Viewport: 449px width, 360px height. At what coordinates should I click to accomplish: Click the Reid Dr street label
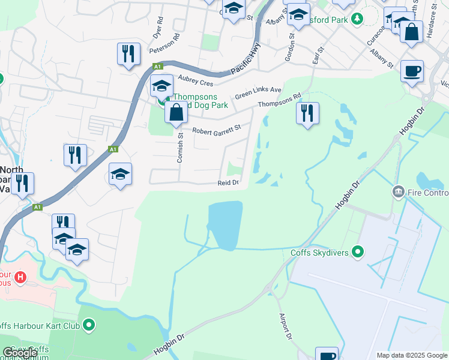pos(228,183)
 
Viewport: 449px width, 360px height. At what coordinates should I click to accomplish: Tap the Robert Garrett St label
pos(216,129)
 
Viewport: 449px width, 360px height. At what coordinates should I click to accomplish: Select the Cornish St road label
pos(181,146)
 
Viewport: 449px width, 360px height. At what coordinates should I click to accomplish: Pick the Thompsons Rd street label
pos(280,101)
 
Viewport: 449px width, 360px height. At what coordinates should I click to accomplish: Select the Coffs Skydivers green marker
pos(358,252)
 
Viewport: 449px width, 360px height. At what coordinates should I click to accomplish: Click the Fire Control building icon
pos(397,193)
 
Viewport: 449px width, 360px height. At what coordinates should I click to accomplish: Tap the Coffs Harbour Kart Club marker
pos(89,326)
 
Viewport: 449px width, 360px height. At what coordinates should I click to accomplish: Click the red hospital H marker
pos(21,278)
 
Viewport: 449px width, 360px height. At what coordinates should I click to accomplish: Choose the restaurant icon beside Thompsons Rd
pos(307,113)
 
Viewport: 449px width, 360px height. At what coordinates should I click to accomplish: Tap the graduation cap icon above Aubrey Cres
pos(161,86)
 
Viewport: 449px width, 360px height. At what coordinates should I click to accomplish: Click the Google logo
pos(20,353)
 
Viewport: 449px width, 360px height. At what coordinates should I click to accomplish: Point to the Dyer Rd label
pos(158,28)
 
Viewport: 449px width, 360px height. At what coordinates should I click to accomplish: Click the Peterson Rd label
pos(165,44)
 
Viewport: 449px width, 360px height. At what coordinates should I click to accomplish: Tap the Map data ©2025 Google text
pos(411,355)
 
